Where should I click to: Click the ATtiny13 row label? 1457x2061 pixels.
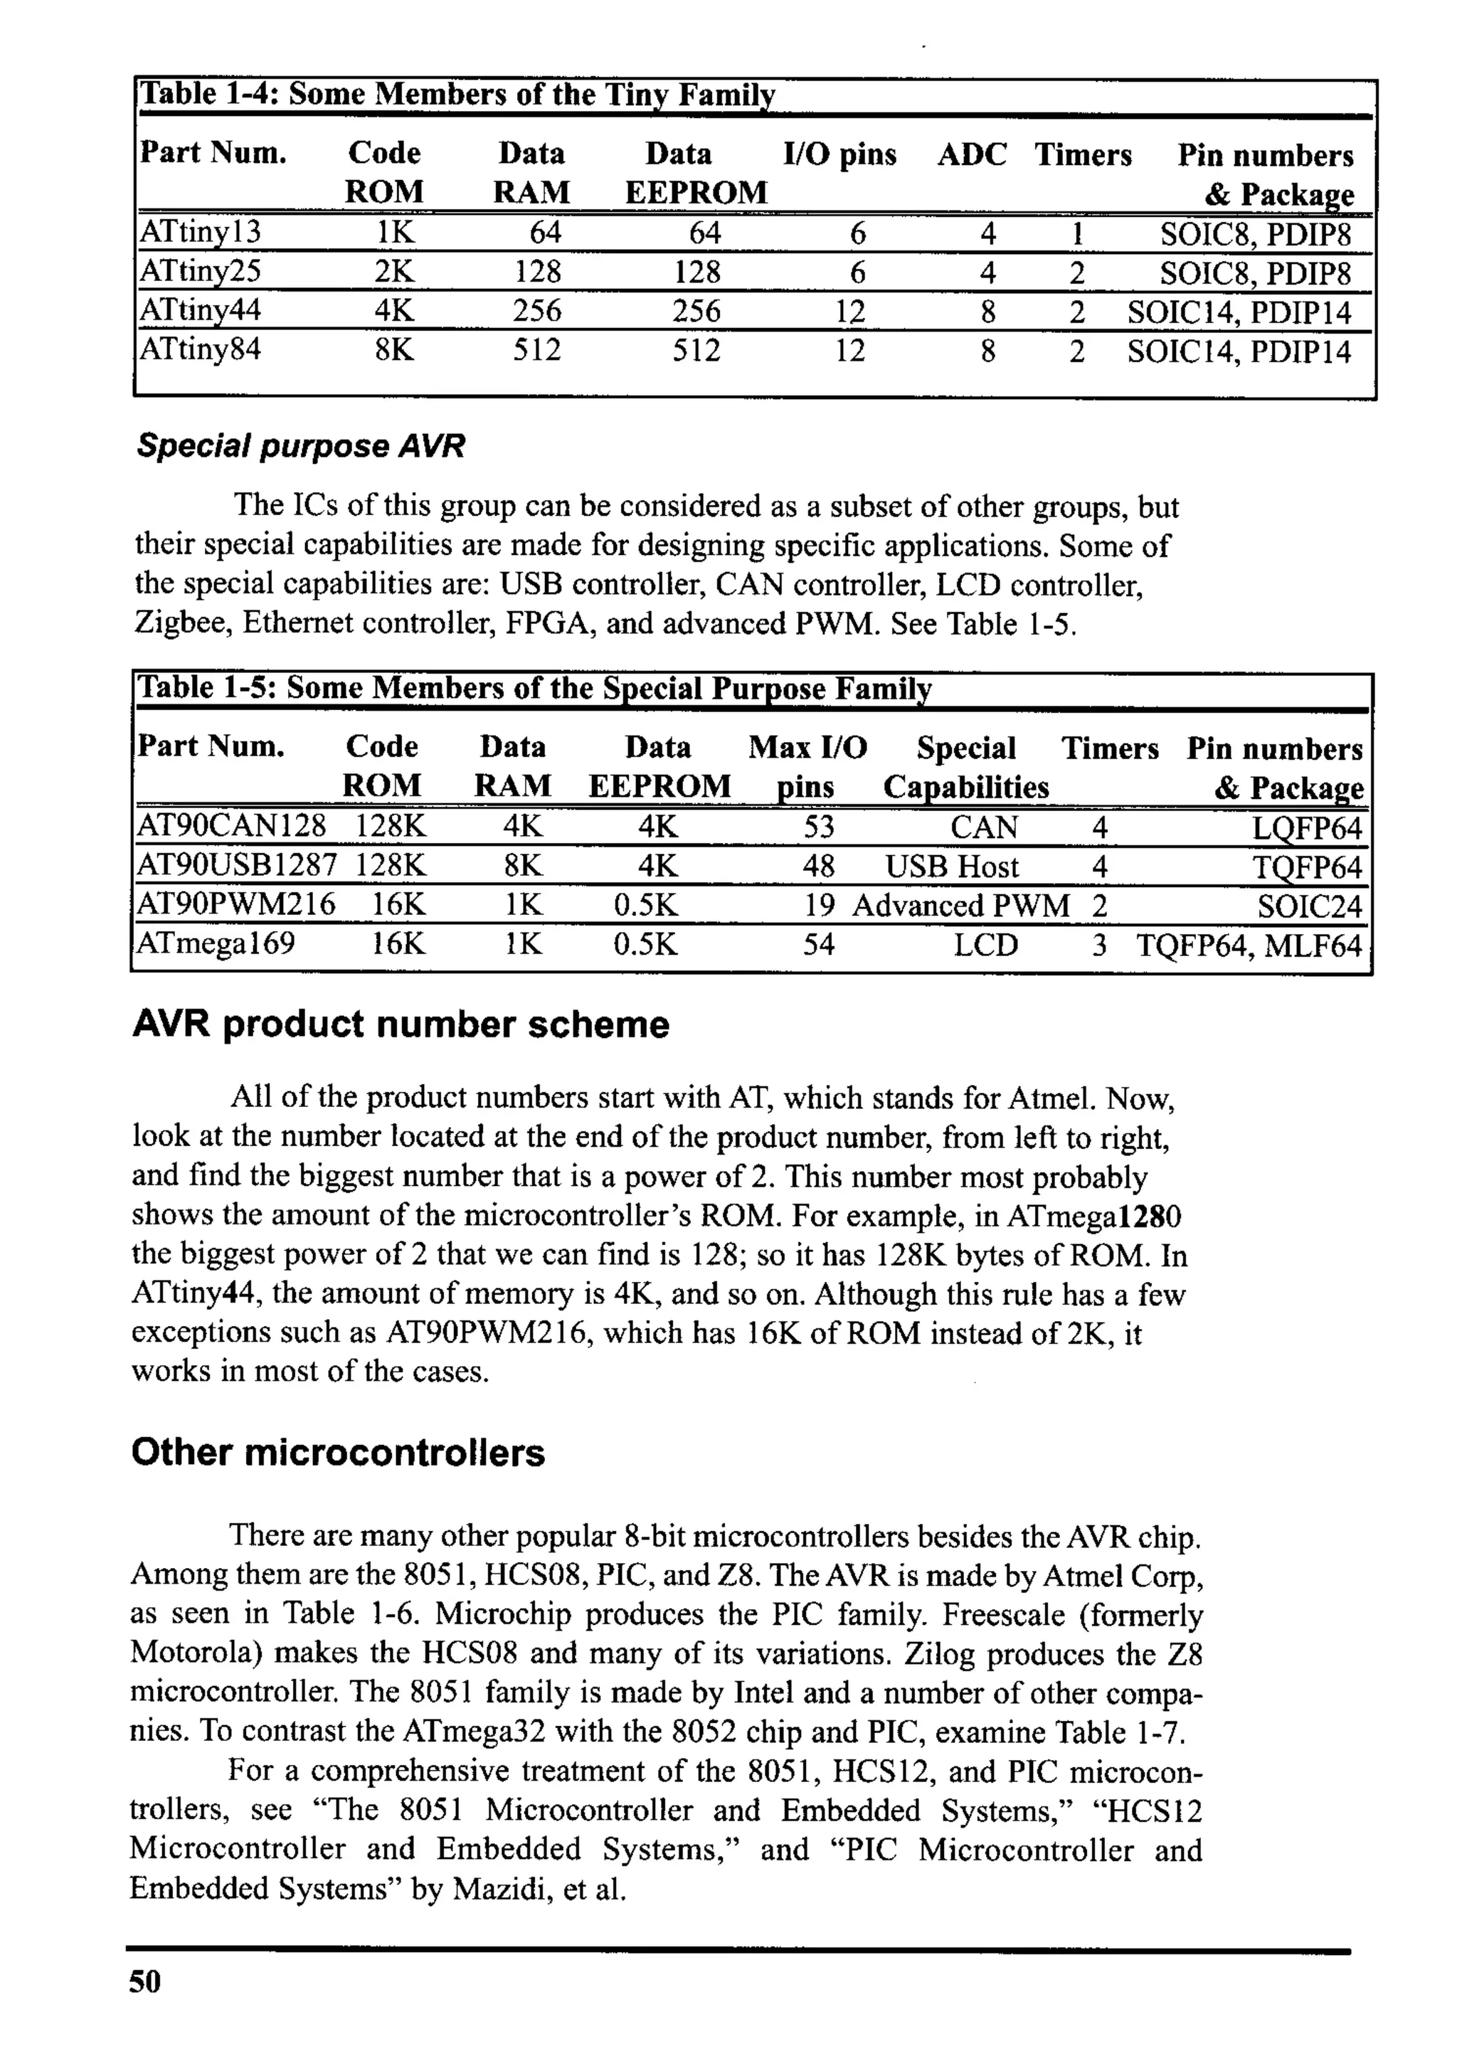(x=200, y=233)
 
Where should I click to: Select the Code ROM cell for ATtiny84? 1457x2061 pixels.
(x=394, y=349)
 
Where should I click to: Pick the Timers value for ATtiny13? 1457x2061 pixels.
(x=1076, y=234)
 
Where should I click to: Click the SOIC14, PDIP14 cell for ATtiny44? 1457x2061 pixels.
(x=1239, y=312)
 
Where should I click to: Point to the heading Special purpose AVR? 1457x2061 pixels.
(x=301, y=446)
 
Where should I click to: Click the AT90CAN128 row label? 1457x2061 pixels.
(x=231, y=826)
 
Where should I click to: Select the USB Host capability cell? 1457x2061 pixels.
(x=952, y=867)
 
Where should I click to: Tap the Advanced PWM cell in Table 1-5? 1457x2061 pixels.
(x=960, y=906)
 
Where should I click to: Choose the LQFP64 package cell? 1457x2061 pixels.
(x=1307, y=827)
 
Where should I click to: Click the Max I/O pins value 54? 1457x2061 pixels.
(x=818, y=944)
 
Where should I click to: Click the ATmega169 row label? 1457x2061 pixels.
(x=215, y=944)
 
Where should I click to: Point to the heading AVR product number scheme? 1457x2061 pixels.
(x=401, y=1024)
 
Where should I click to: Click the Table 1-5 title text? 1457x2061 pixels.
(x=534, y=689)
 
